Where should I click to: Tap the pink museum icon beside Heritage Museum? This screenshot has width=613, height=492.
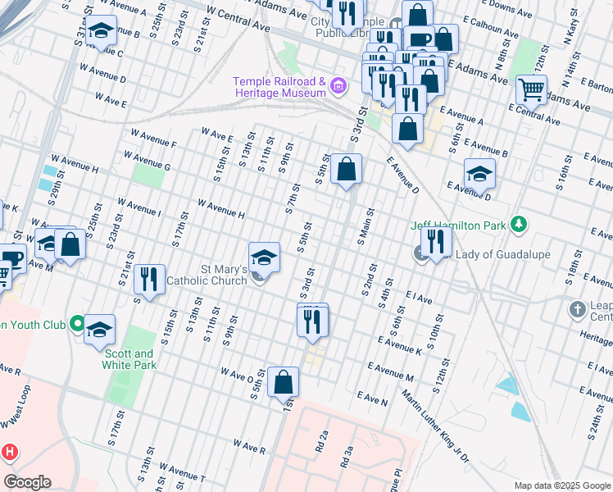(343, 85)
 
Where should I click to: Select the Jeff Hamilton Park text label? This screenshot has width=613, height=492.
(458, 225)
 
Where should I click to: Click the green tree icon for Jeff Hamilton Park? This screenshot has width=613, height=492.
(517, 224)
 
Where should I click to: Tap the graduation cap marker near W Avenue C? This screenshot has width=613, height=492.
(100, 32)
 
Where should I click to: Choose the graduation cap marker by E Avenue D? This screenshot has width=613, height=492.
(479, 173)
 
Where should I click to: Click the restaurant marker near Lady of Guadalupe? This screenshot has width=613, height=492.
(436, 241)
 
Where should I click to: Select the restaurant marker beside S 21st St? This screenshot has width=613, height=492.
(148, 279)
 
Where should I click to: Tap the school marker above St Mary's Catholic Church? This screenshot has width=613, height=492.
(264, 257)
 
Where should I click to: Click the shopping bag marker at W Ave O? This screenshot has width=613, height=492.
(283, 381)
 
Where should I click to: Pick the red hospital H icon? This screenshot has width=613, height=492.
(9, 451)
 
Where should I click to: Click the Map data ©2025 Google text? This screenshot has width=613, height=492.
(561, 485)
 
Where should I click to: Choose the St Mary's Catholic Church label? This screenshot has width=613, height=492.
(207, 275)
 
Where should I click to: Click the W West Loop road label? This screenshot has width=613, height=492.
(17, 408)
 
